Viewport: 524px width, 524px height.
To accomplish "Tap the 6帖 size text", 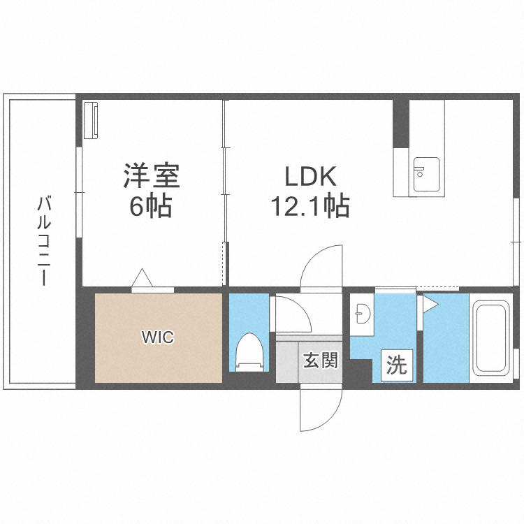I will pyautogui.click(x=149, y=207).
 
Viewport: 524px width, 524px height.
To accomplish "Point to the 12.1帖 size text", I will pyautogui.click(x=310, y=207).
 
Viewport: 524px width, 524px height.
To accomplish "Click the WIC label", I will pyautogui.click(x=157, y=337).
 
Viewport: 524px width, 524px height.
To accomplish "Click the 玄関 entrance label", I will pyautogui.click(x=321, y=361).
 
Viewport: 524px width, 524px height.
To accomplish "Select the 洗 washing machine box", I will pyautogui.click(x=396, y=366).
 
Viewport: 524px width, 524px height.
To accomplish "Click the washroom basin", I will pyautogui.click(x=362, y=314).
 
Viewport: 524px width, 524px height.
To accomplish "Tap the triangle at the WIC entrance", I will pyautogui.click(x=143, y=278).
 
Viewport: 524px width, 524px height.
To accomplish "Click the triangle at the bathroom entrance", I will pyautogui.click(x=429, y=304).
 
